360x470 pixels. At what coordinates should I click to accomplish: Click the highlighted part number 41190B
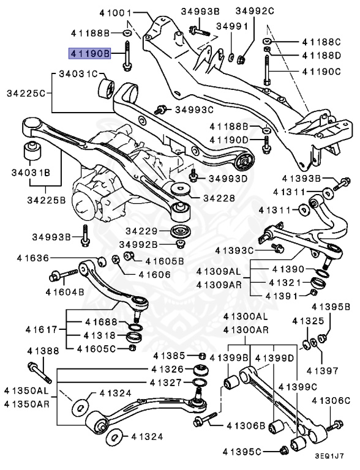(89, 54)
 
